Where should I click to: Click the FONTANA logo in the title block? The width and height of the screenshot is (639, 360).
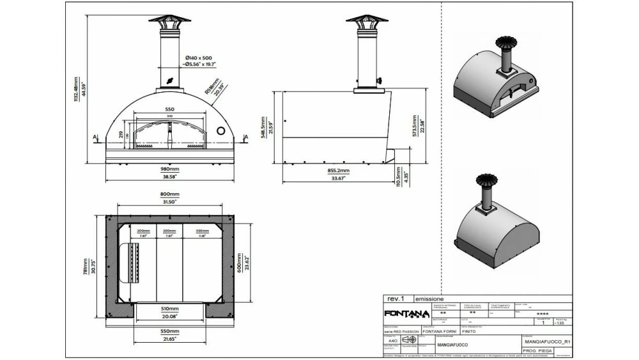click(405, 313)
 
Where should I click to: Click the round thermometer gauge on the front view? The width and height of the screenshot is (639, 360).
click(222, 130)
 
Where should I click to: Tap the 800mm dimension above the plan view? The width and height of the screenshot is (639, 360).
click(170, 194)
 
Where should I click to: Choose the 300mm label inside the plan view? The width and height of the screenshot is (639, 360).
click(202, 231)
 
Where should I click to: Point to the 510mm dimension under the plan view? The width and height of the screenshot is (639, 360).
click(169, 308)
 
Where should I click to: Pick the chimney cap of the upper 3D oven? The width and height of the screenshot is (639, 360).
click(504, 43)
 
